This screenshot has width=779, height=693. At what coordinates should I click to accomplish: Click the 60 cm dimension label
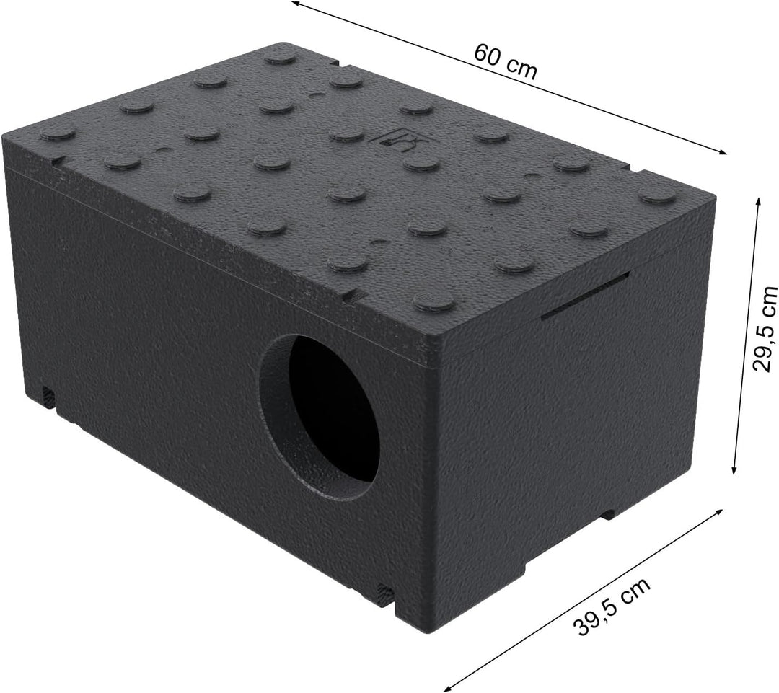click(506, 61)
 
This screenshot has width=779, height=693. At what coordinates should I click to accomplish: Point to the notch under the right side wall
click(610, 514)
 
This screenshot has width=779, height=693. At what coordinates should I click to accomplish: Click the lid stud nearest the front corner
click(435, 300)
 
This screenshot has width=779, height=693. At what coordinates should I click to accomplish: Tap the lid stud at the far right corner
click(657, 195)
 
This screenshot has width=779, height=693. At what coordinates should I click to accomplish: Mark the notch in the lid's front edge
click(353, 295)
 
